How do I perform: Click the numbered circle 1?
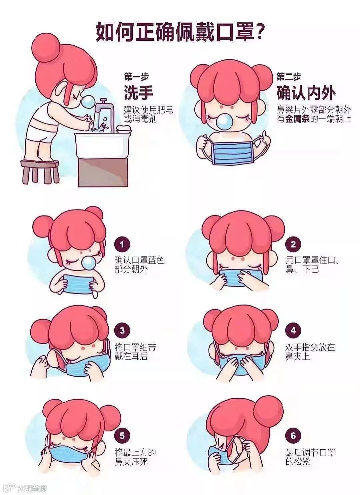pyautogui.click(x=122, y=244)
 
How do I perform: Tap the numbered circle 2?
pyautogui.click(x=293, y=244)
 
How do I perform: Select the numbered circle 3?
pyautogui.click(x=122, y=330)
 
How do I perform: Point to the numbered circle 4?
pyautogui.click(x=293, y=330)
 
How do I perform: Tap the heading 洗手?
pyautogui.click(x=139, y=93)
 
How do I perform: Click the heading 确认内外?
pyautogui.click(x=306, y=93)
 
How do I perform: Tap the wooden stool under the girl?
pyautogui.click(x=40, y=171)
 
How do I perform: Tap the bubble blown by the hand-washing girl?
pyautogui.click(x=88, y=102)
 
